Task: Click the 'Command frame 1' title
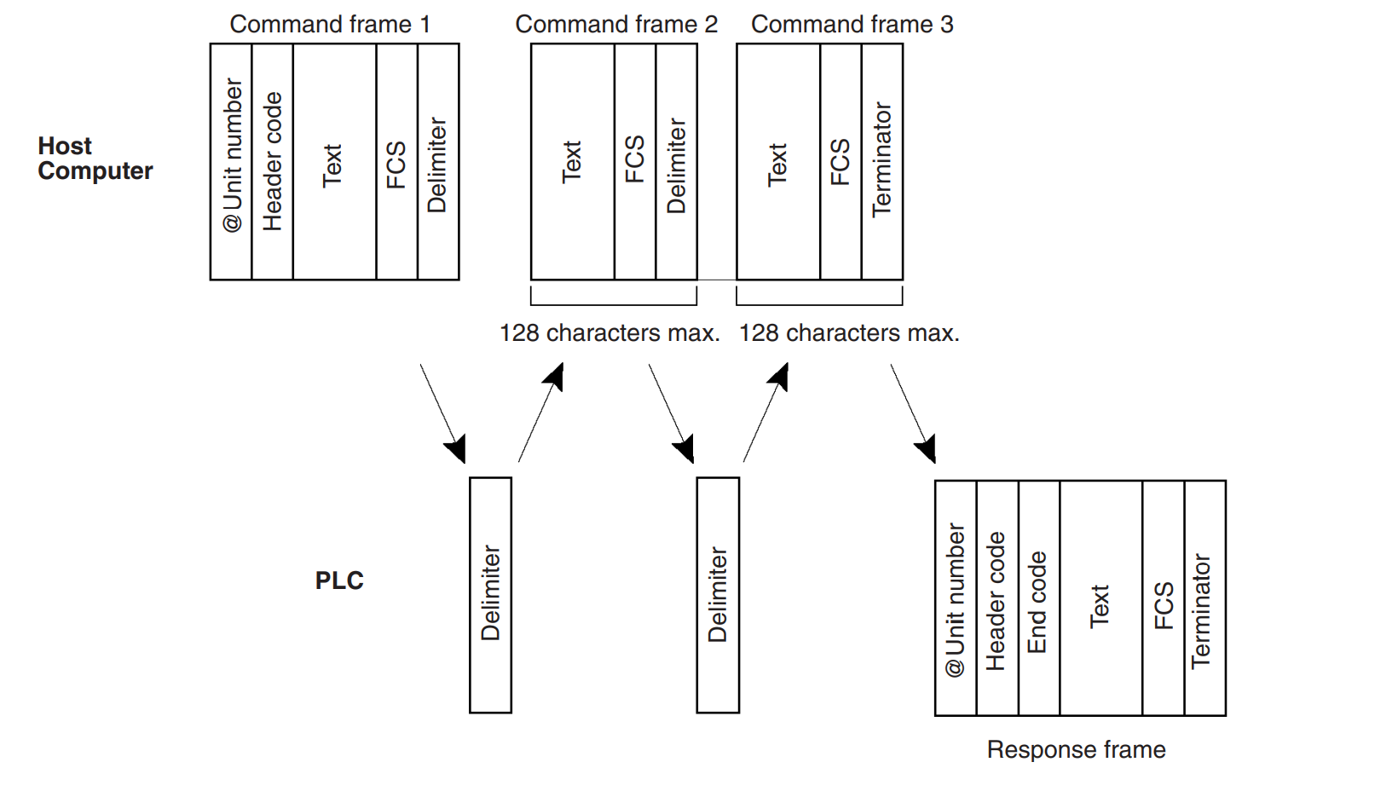click(330, 25)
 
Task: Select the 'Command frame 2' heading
click(616, 25)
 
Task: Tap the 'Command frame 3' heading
click(852, 25)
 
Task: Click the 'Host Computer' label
click(95, 159)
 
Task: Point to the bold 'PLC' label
click(339, 580)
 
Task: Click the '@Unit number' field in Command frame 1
click(231, 162)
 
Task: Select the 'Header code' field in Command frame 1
click(273, 162)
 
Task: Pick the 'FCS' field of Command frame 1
click(396, 162)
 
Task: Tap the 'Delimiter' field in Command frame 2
click(677, 162)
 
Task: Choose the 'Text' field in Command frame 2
click(572, 162)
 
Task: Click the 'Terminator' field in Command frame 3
click(882, 162)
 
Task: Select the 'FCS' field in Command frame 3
click(841, 162)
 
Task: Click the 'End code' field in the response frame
click(1038, 599)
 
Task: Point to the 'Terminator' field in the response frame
click(1204, 599)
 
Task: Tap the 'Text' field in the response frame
click(1100, 599)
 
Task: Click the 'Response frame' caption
click(1076, 750)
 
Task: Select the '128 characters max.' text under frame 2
click(609, 332)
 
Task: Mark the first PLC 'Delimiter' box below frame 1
click(490, 595)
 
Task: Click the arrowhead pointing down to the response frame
click(927, 450)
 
